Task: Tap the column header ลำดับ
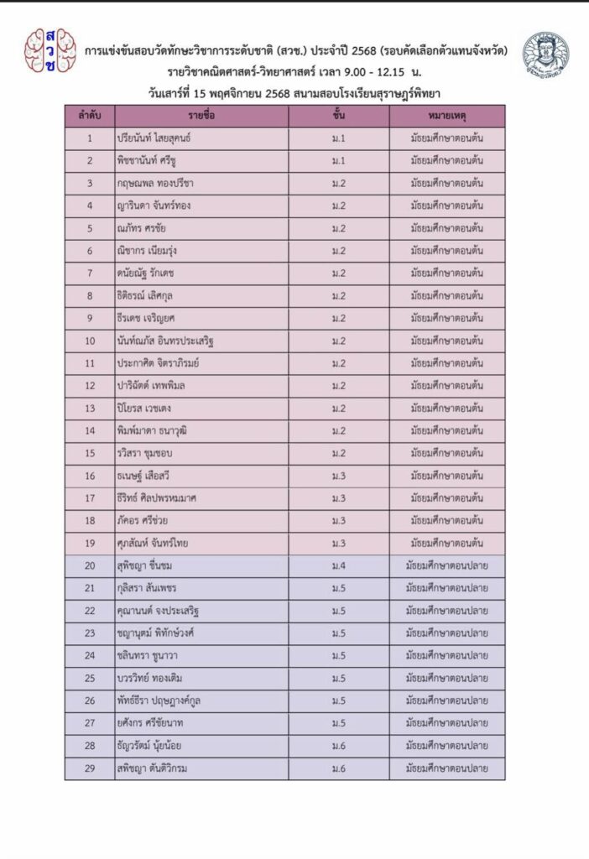(x=89, y=116)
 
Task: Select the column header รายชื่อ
(x=201, y=116)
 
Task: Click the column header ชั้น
(x=339, y=116)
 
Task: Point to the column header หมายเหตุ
(x=446, y=116)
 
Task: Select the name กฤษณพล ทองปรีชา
(x=156, y=183)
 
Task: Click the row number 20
(x=89, y=565)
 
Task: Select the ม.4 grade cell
(x=339, y=565)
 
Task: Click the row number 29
(x=89, y=768)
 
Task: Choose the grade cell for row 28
(x=339, y=746)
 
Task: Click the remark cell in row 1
(x=446, y=138)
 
